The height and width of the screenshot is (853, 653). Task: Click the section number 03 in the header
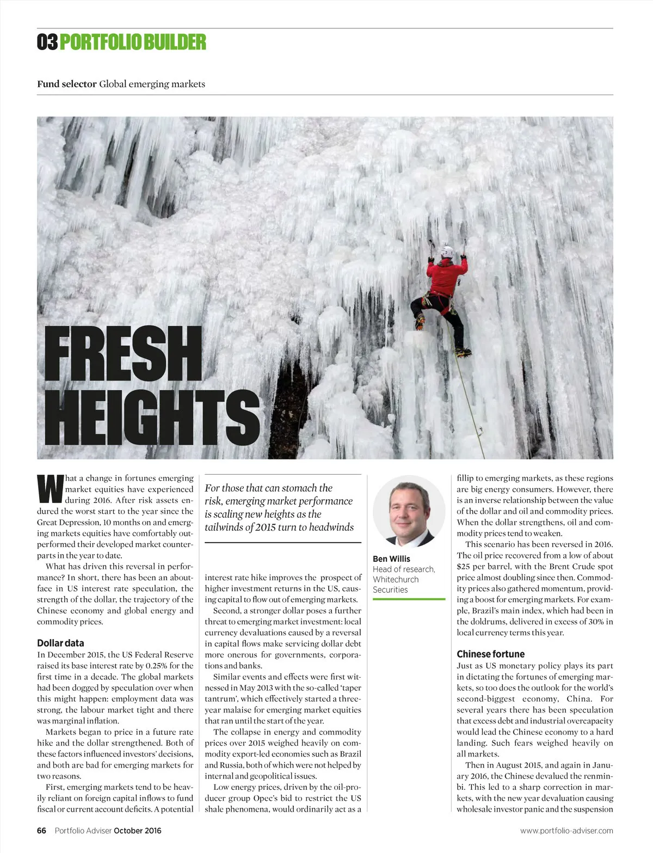point(47,42)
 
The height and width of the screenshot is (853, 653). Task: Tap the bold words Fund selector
point(67,84)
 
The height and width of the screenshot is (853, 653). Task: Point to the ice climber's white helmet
point(447,251)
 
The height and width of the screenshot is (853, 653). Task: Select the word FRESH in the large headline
point(123,354)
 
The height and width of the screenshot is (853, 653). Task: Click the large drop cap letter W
point(49,489)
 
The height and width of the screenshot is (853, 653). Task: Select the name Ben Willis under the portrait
point(391,559)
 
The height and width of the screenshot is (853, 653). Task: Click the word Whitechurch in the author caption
point(396,579)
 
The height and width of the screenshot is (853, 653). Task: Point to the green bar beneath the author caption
point(409,599)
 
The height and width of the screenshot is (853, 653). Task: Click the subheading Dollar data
point(60,643)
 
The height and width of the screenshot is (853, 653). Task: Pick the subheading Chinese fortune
point(490,654)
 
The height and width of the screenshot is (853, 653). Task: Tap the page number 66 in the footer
point(42,830)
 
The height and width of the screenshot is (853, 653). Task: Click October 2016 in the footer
point(137,830)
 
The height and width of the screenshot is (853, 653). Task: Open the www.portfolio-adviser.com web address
point(566,830)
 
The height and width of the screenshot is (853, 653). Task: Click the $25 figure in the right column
point(463,566)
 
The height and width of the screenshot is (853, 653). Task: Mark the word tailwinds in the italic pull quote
point(226,527)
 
